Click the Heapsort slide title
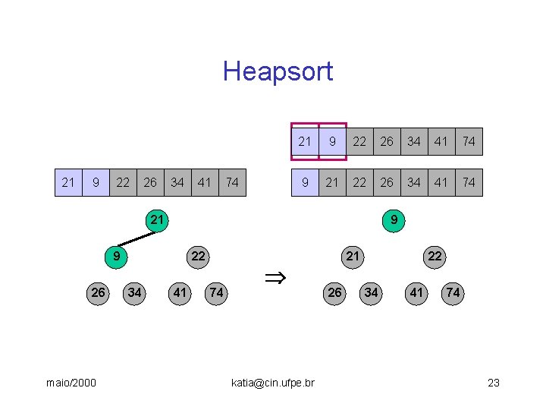pos(278,71)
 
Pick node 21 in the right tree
pos(353,257)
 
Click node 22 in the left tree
pos(198,257)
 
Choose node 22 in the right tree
pos(435,257)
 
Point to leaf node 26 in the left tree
pos(98,293)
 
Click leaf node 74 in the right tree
pos(453,293)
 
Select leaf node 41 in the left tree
pos(180,293)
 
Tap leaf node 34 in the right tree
pos(371,293)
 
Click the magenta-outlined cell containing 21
pos(305,141)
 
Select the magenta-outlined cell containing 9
pos(332,141)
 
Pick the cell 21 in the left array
pos(68,182)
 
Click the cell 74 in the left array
pos(232,182)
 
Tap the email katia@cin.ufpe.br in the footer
pos(272,383)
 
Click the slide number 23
pos(494,383)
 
